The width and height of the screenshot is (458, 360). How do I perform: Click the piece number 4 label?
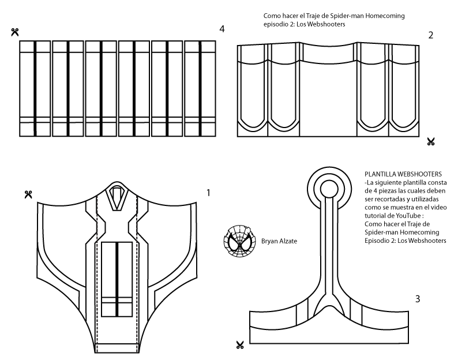pyautogui.click(x=222, y=29)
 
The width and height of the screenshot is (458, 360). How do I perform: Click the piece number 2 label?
pyautogui.click(x=431, y=35)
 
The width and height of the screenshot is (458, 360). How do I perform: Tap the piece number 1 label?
pyautogui.click(x=208, y=193)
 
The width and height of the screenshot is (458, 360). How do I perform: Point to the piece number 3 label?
pyautogui.click(x=418, y=299)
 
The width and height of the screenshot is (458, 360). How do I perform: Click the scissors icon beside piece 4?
pyautogui.click(x=15, y=32)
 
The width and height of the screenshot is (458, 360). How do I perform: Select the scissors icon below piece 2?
pyautogui.click(x=431, y=142)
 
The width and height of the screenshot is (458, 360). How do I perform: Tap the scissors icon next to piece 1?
pyautogui.click(x=28, y=194)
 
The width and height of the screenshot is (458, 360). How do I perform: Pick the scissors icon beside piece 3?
pyautogui.click(x=240, y=345)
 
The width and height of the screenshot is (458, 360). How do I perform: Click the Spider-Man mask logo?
pyautogui.click(x=239, y=241)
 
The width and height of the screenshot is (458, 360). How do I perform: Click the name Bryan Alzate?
pyautogui.click(x=279, y=241)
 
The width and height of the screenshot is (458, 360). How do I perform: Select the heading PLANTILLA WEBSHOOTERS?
pyautogui.click(x=403, y=174)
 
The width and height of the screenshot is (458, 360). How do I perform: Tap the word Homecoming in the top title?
pyautogui.click(x=385, y=16)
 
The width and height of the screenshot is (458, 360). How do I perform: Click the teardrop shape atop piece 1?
pyautogui.click(x=117, y=196)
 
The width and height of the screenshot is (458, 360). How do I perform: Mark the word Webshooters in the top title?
pyautogui.click(x=326, y=24)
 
